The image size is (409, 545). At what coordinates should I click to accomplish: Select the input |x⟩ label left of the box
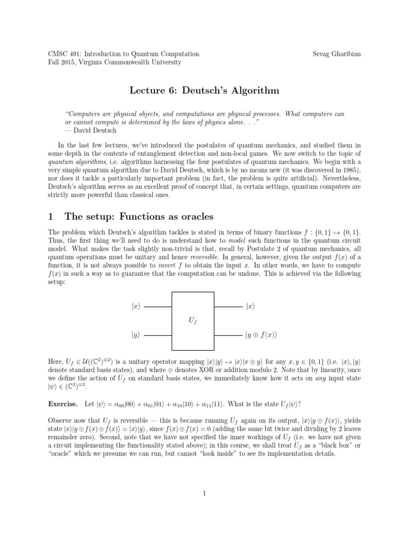pos(136,307)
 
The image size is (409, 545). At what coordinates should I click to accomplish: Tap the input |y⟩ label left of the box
pos(136,335)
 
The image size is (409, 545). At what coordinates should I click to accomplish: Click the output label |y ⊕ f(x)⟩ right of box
pos(262,335)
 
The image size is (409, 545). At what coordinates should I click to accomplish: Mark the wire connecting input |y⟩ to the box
pos(158,335)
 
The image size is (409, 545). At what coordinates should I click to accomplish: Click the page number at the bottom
pos(204,493)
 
